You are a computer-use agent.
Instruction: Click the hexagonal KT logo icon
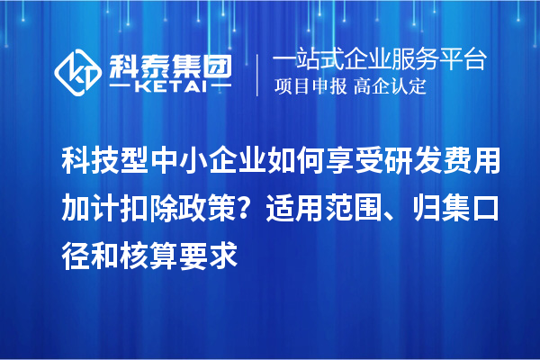coord(78,72)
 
